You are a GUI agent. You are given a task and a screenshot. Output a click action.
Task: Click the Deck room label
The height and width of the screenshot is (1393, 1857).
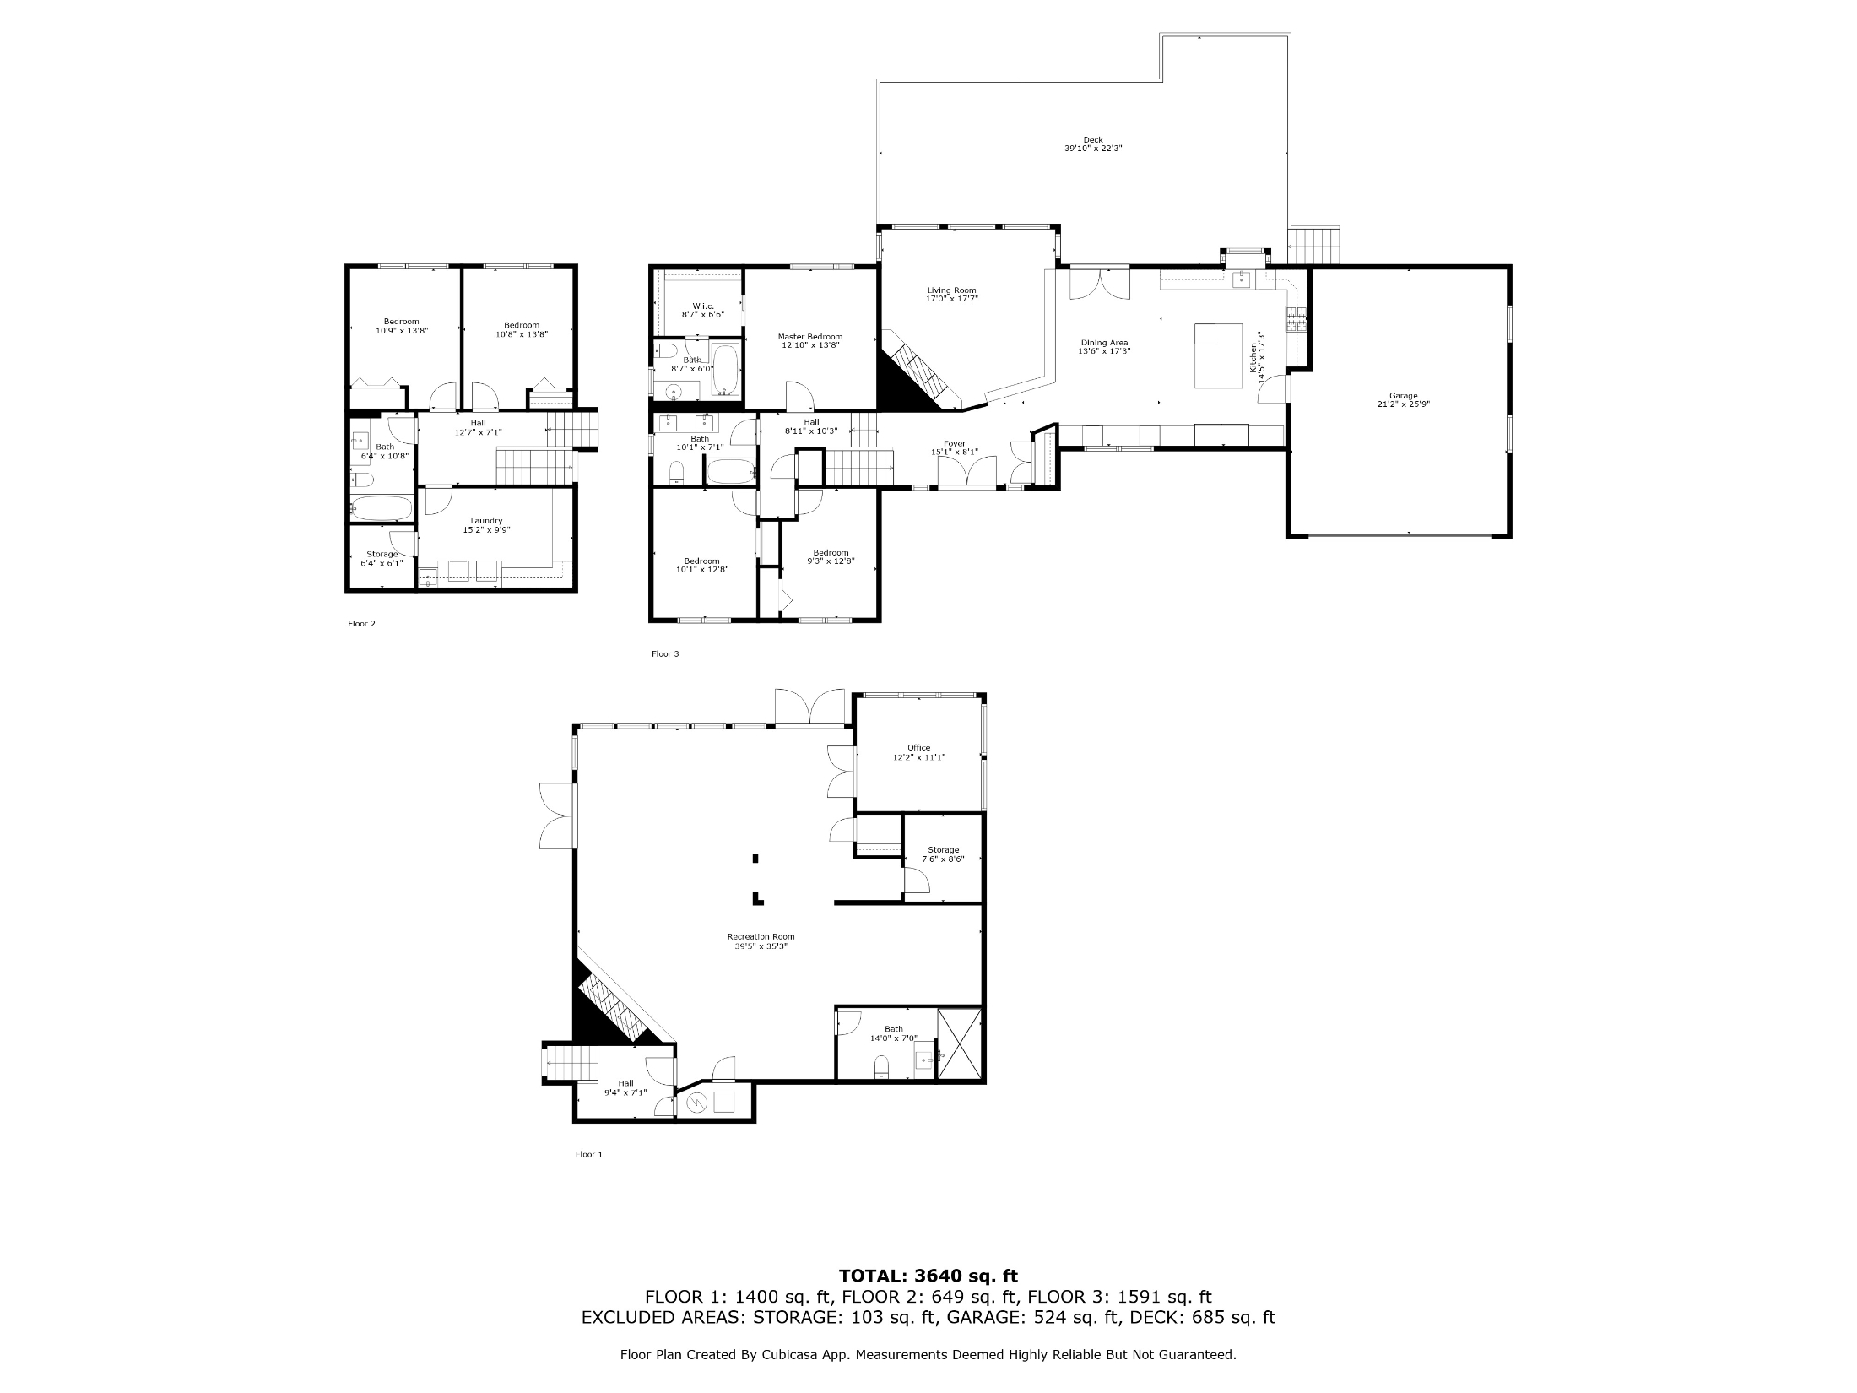pos(1093,144)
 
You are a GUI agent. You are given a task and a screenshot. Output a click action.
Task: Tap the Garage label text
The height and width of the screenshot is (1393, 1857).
pos(1404,400)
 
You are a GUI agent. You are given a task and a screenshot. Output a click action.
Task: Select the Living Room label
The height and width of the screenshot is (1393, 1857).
pos(952,295)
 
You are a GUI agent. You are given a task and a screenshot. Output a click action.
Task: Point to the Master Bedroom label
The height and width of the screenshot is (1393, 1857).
pos(810,341)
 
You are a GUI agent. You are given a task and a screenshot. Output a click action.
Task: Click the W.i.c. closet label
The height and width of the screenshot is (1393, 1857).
pos(703,310)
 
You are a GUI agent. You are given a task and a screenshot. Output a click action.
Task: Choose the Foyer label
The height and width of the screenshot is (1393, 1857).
pos(954,447)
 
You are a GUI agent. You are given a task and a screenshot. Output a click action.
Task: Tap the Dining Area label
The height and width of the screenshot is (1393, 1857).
pos(1104,347)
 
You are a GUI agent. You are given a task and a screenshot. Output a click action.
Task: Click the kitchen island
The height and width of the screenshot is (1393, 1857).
pos(1219,355)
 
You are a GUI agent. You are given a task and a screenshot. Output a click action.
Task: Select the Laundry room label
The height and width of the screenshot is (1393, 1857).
pos(487,525)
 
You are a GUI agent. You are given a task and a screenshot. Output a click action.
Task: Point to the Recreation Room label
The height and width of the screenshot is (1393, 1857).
pos(761,941)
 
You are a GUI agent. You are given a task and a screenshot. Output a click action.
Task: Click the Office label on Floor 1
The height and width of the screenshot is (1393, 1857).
pos(919,752)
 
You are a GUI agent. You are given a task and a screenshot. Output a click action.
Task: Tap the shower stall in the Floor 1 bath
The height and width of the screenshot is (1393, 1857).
pos(961,1044)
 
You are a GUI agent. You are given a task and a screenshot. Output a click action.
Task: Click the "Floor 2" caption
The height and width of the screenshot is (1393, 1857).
pos(361,624)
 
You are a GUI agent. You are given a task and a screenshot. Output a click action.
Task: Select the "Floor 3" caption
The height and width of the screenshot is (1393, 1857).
pos(665,654)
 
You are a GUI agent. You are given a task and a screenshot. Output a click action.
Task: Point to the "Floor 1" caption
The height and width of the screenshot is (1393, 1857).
pos(589,1155)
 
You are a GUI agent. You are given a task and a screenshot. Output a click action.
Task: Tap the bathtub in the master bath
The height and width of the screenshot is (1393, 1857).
pos(726,369)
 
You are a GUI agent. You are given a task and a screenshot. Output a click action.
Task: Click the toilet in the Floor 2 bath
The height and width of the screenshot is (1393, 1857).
pos(362,480)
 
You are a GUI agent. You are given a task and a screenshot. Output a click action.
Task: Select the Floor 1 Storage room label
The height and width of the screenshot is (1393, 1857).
pos(943,854)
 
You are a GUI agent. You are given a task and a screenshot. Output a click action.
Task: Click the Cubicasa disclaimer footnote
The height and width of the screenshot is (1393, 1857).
pos(928,1355)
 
